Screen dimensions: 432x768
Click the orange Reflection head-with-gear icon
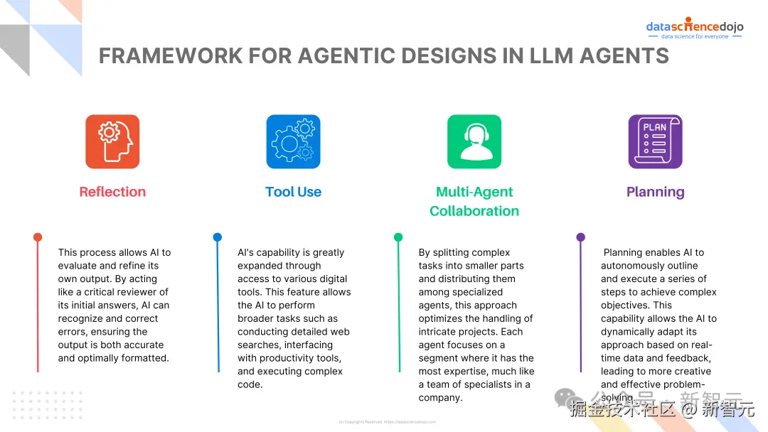click(112, 141)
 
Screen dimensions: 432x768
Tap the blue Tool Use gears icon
click(293, 141)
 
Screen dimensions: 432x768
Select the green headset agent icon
click(474, 141)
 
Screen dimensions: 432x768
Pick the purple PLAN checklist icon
click(655, 141)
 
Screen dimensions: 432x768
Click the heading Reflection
click(112, 192)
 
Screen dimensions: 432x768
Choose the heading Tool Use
click(293, 192)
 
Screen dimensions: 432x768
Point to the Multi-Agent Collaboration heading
click(474, 201)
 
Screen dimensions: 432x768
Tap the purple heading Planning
click(655, 192)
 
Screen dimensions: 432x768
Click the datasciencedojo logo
click(694, 26)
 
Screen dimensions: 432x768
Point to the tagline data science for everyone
click(695, 37)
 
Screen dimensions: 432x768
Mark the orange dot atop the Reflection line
click(38, 237)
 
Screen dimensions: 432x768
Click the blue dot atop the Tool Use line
click(218, 237)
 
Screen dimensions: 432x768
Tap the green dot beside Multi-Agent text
click(398, 237)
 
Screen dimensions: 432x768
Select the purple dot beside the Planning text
click(580, 237)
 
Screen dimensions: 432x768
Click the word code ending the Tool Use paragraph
click(250, 384)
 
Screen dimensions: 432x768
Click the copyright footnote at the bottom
click(387, 422)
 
